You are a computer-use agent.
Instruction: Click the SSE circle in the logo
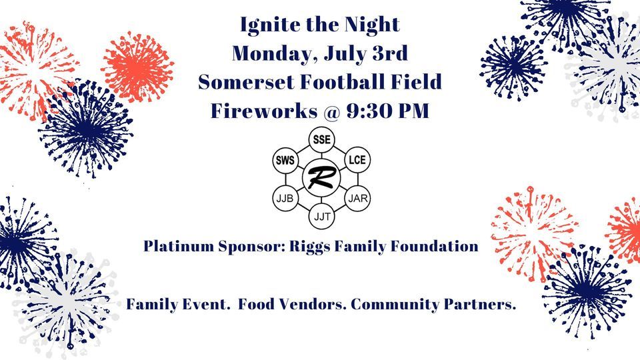tap(321, 139)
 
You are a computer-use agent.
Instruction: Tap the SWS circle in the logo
tap(285, 160)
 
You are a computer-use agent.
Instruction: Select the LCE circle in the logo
tap(357, 159)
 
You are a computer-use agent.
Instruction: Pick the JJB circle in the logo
tap(285, 199)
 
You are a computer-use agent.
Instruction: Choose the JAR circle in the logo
tap(357, 199)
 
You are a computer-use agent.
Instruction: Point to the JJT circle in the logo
tap(321, 216)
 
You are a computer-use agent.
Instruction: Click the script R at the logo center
tap(321, 177)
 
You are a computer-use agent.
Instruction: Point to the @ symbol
tap(331, 111)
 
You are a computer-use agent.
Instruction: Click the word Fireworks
tap(264, 111)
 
